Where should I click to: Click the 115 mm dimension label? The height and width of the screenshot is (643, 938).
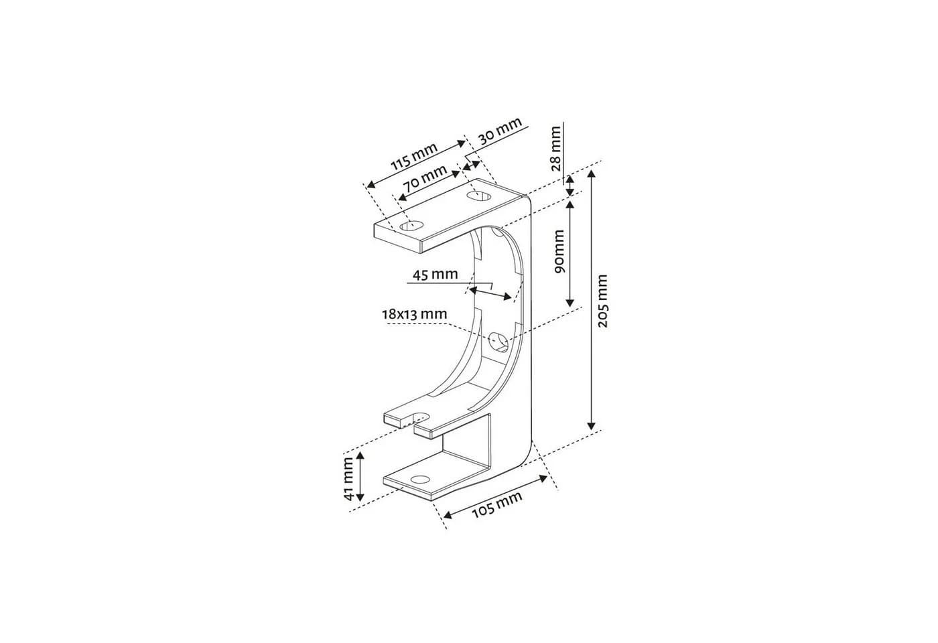414,156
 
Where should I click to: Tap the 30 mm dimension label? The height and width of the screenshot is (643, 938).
500,131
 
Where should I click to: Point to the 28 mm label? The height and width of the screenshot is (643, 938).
555,149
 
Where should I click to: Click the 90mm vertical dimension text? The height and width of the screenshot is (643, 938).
559,251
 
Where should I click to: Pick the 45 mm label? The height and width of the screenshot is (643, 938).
435,275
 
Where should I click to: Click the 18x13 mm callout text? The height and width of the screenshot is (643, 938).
414,314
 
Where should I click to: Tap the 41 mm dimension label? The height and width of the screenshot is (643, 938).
348,478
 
